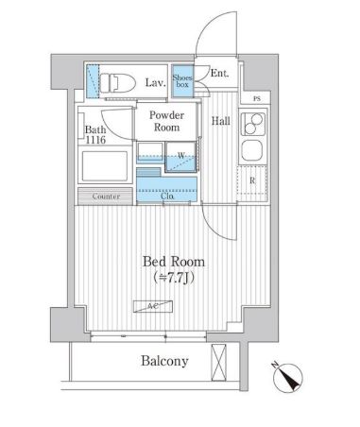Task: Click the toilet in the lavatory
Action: [x=117, y=82]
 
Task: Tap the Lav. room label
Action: [x=155, y=83]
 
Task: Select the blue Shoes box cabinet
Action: [x=182, y=81]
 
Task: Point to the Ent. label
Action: [x=219, y=74]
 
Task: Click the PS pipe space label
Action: [x=257, y=99]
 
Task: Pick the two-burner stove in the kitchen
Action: [x=253, y=124]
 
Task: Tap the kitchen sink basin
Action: [x=252, y=150]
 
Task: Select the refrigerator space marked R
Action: [x=252, y=181]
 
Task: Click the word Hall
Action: [x=220, y=121]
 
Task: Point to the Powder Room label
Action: [x=166, y=121]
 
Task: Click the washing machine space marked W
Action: [x=180, y=157]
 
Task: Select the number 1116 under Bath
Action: [x=95, y=140]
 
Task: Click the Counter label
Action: [x=106, y=196]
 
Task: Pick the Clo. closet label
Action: [x=167, y=196]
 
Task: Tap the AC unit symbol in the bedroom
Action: [x=153, y=306]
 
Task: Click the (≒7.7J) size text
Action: [x=174, y=278]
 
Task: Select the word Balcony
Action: [x=164, y=361]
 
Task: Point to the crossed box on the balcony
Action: [x=218, y=363]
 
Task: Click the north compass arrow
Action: [x=288, y=377]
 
